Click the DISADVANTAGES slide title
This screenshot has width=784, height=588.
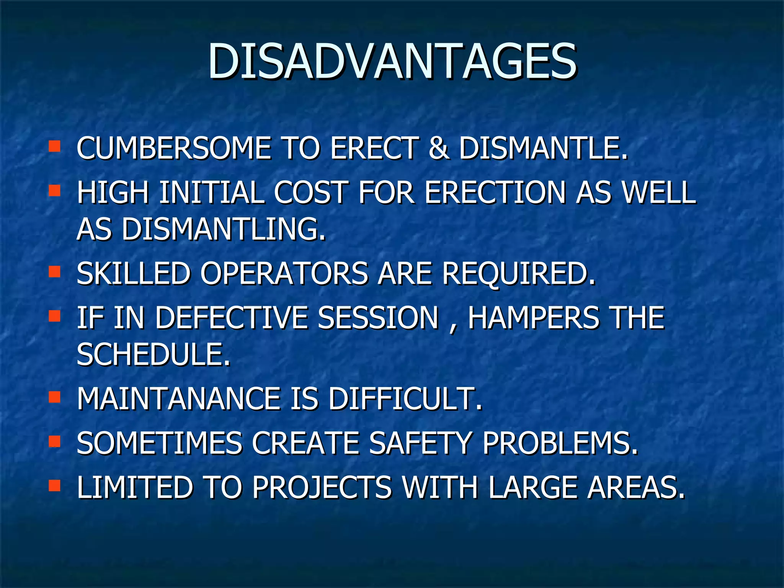point(392,61)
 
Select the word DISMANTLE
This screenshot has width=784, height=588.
point(543,148)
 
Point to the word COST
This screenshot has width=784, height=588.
point(311,192)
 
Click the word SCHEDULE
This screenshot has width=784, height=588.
point(153,354)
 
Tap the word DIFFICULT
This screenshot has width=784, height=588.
point(405,399)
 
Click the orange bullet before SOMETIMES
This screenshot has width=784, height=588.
point(55,441)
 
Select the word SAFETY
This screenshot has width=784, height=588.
point(420,443)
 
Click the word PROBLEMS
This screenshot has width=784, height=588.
point(560,443)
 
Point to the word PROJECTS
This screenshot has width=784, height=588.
point(322,487)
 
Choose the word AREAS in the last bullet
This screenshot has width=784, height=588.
point(636,487)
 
